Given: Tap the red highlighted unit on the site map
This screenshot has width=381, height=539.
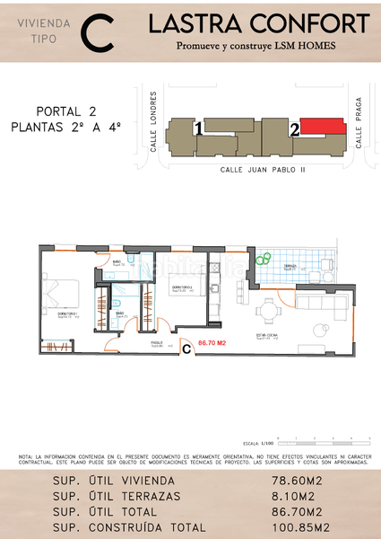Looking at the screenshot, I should tap(322, 127).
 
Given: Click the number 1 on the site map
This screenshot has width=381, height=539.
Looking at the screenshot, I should tap(196, 129).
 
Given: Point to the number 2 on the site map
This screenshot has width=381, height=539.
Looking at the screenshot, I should tap(294, 129).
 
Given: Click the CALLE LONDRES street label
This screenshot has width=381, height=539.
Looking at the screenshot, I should tap(154, 122).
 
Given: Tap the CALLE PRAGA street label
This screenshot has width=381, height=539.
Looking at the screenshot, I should tap(358, 122).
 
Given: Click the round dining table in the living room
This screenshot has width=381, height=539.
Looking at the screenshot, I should tap(269, 312).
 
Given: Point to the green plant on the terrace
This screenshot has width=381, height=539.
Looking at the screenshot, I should tap(263, 260).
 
